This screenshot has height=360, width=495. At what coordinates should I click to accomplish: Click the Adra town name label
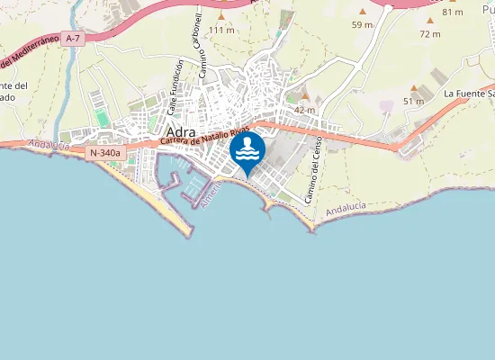(183, 131)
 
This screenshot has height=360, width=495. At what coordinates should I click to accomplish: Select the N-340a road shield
(106, 154)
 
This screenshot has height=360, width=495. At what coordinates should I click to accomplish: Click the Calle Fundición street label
(174, 87)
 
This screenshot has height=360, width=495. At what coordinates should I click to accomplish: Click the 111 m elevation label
(221, 30)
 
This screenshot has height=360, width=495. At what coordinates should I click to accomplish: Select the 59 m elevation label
(362, 25)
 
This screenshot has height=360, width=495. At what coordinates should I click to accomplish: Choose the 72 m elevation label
(430, 34)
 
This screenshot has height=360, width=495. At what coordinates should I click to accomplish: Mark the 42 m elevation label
(305, 110)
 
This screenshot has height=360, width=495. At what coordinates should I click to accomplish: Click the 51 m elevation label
(413, 102)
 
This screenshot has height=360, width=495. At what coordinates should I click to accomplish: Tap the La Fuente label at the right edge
(469, 93)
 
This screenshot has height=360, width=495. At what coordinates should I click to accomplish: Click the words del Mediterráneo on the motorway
(30, 52)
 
